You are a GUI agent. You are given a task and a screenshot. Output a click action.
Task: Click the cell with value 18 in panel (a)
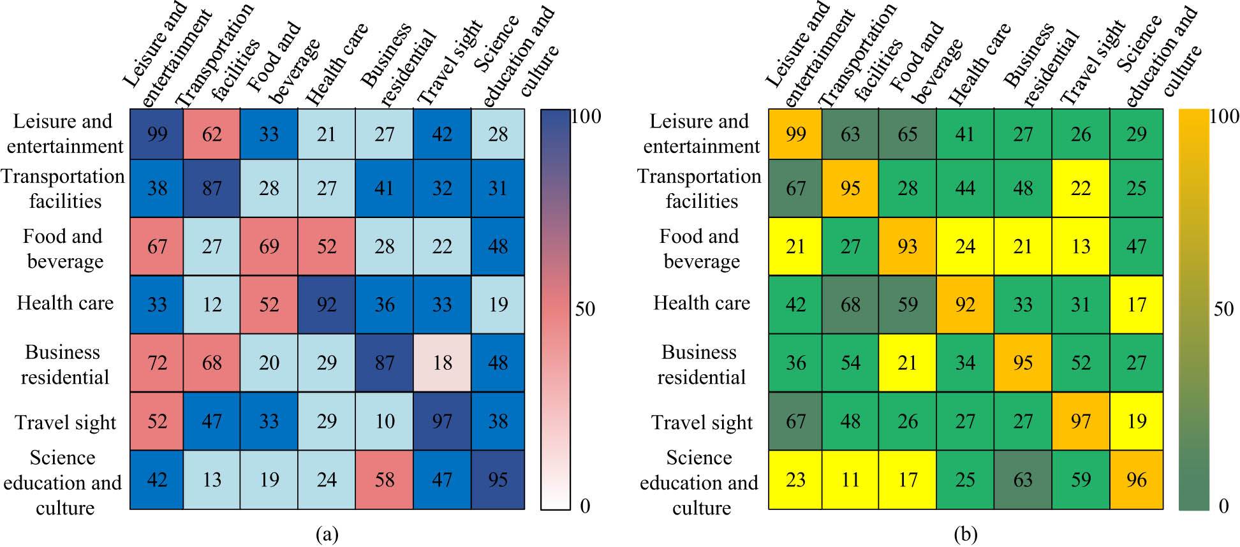[442, 363]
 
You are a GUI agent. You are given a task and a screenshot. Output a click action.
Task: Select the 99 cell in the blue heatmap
[157, 134]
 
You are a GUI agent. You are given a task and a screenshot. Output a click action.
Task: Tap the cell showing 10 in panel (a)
[384, 421]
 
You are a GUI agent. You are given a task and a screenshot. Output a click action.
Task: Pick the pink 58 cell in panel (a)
[384, 479]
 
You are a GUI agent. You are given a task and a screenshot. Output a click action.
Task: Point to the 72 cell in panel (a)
[157, 363]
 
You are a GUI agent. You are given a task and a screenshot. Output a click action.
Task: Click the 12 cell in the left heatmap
[212, 304]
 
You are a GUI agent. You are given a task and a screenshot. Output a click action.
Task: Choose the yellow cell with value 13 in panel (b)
[1081, 246]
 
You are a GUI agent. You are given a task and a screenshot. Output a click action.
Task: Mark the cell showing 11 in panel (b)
[850, 479]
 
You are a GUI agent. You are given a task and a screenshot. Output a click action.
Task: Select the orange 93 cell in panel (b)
[907, 246]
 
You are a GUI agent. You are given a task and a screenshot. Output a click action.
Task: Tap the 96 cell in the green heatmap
[1136, 479]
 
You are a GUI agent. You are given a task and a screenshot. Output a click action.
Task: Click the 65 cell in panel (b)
[907, 134]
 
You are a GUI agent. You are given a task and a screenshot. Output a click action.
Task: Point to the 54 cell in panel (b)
[850, 363]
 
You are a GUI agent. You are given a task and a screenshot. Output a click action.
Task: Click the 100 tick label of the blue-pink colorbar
[586, 116]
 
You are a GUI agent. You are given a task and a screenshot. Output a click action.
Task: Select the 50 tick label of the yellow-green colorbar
[1223, 309]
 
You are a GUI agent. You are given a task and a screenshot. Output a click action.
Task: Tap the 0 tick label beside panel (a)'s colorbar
[585, 506]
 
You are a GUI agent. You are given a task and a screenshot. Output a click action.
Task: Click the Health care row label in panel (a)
[65, 303]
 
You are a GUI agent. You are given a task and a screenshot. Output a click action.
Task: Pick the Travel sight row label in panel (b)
[702, 422]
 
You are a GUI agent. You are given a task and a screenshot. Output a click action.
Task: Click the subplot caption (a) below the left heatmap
[327, 534]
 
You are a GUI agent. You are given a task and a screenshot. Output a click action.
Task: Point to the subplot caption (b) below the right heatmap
[965, 534]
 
